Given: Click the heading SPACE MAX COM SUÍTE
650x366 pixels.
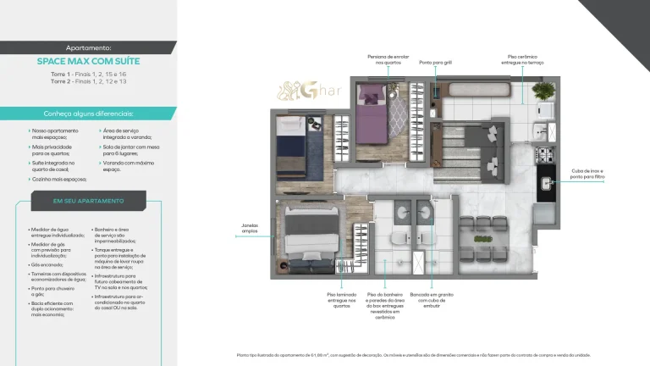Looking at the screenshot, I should click(x=88, y=62).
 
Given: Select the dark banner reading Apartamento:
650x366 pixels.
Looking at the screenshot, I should click(x=88, y=48).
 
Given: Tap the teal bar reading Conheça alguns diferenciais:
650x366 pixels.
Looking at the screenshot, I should click(x=88, y=114).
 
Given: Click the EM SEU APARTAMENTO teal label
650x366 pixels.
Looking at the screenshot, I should click(x=88, y=201).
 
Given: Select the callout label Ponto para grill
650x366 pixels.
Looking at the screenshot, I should click(x=435, y=62).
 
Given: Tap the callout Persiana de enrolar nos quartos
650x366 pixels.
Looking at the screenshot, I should click(x=389, y=59).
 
